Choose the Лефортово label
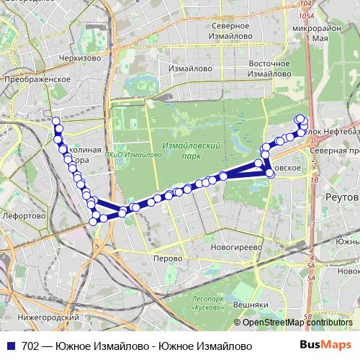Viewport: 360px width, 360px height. (x=24, y=215)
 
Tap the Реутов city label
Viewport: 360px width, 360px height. (x=343, y=197)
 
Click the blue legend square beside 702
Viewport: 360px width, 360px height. (x=7, y=346)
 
